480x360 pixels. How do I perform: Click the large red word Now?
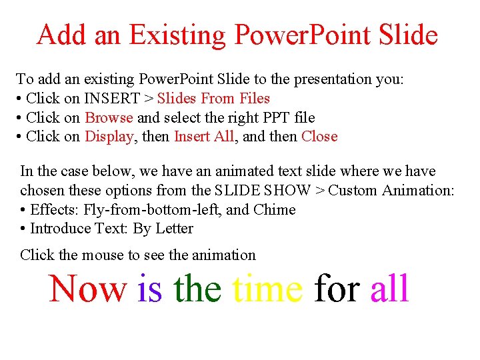click(87, 289)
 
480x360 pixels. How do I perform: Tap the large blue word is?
click(149, 289)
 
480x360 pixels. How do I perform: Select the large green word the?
click(197, 289)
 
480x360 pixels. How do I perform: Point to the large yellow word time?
click(267, 289)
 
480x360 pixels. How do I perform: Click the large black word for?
click(337, 289)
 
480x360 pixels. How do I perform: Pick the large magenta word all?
click(389, 289)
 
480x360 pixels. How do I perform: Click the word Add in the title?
click(63, 35)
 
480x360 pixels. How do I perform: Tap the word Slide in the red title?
click(407, 35)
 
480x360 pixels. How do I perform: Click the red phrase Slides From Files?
click(213, 99)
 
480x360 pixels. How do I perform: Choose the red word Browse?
click(109, 118)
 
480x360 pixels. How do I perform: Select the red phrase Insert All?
click(204, 137)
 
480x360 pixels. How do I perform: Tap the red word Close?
click(319, 137)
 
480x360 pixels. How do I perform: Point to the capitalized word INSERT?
click(112, 99)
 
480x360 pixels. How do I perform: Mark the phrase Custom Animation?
click(391, 191)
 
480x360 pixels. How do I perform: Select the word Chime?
click(274, 210)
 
